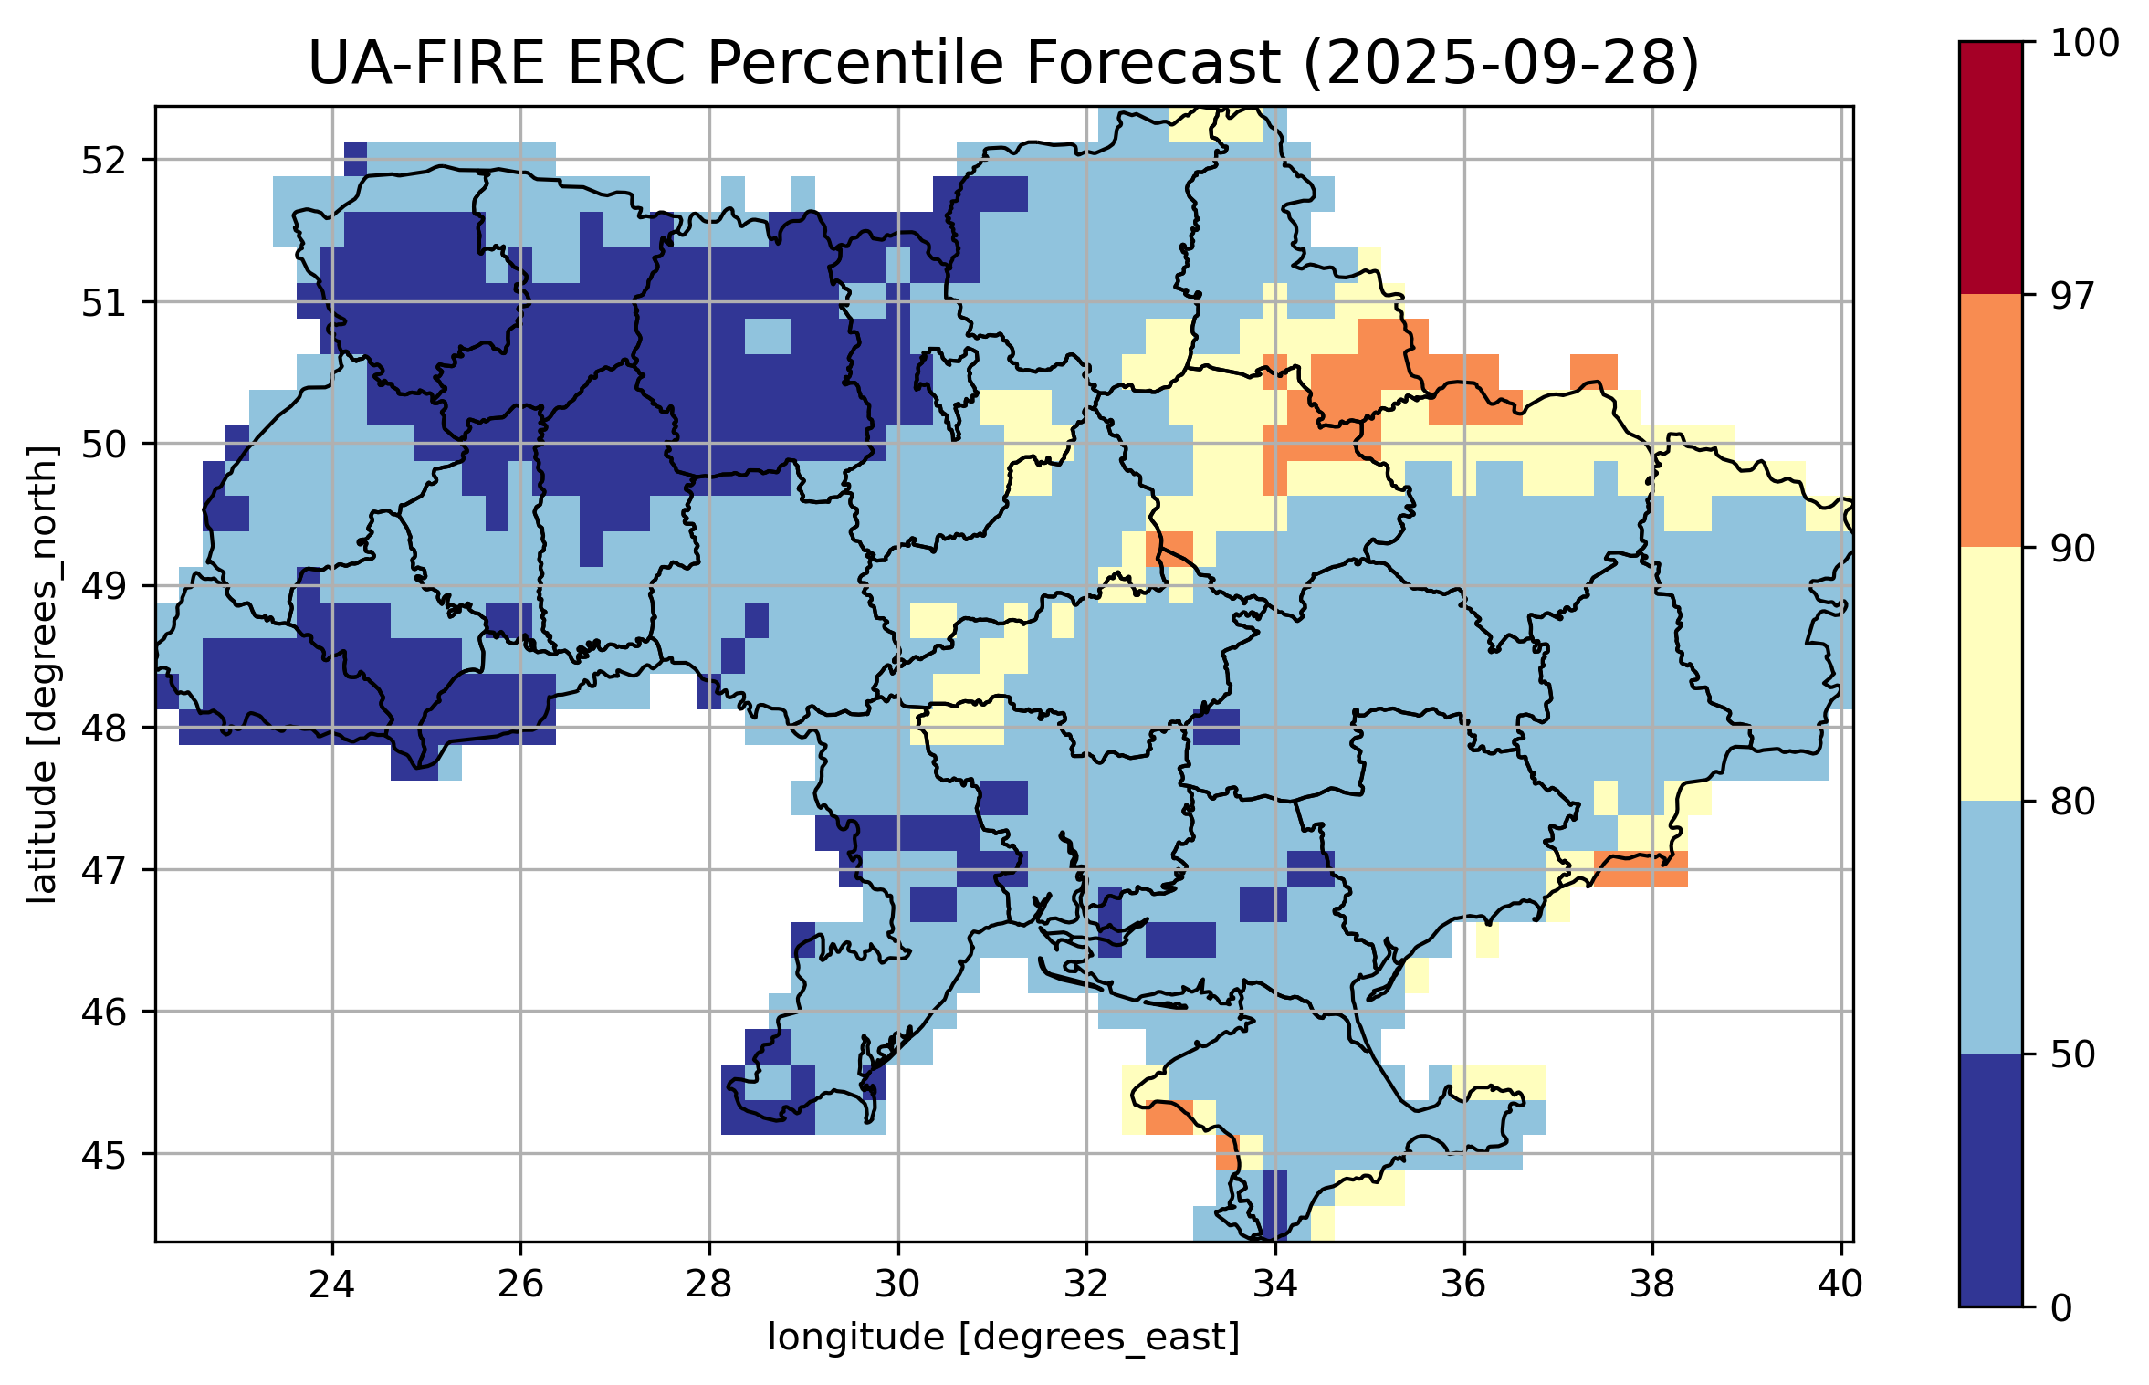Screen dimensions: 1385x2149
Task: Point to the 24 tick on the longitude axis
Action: click(x=331, y=1284)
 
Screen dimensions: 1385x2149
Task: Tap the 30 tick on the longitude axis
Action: click(x=897, y=1284)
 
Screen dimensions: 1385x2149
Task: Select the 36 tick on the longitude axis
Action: click(x=1463, y=1284)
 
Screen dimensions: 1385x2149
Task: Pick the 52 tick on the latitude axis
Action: click(x=104, y=161)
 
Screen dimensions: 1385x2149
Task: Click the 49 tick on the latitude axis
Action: click(x=104, y=586)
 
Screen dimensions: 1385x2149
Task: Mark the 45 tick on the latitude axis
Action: click(x=104, y=1154)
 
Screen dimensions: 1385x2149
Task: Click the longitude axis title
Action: click(x=1003, y=1338)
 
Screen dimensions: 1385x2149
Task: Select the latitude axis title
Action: click(x=42, y=674)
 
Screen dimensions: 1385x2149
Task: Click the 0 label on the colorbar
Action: click(x=2061, y=1308)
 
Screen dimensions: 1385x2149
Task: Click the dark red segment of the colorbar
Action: click(x=1990, y=168)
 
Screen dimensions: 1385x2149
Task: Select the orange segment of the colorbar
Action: click(x=1990, y=420)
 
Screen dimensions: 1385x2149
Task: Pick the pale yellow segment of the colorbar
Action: click(x=1990, y=674)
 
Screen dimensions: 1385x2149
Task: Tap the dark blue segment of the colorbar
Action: click(x=1990, y=1180)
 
